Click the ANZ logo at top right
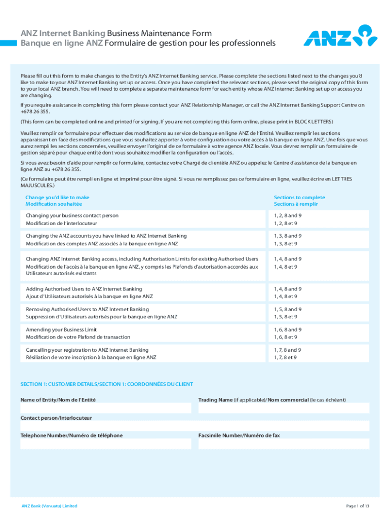tap(340, 35)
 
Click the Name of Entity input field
tap(106, 408)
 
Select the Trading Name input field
tap(284, 408)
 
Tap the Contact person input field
tap(195, 426)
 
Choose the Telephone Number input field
tap(106, 444)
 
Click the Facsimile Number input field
tap(284, 444)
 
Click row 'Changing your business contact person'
tap(72, 215)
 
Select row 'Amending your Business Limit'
tap(61, 329)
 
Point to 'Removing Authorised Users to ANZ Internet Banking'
tap(87, 309)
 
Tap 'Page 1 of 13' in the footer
tap(358, 506)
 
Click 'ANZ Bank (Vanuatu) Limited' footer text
tap(49, 506)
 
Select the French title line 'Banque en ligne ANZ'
tap(148, 43)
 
